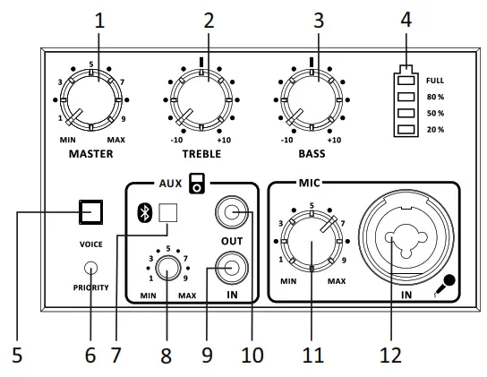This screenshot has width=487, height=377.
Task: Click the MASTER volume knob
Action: point(91,100)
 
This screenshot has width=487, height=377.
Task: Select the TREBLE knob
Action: point(201,100)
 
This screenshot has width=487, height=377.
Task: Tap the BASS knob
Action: point(312,100)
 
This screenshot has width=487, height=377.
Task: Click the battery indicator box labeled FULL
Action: point(406,81)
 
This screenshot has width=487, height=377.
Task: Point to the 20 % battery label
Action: point(435,130)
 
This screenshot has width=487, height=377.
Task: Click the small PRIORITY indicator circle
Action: point(91,268)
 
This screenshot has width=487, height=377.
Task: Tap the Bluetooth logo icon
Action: point(144,212)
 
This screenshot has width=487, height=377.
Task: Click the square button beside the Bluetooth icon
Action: point(168,213)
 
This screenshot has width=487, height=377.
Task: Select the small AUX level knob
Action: point(168,268)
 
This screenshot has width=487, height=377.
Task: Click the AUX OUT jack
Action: point(232,212)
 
